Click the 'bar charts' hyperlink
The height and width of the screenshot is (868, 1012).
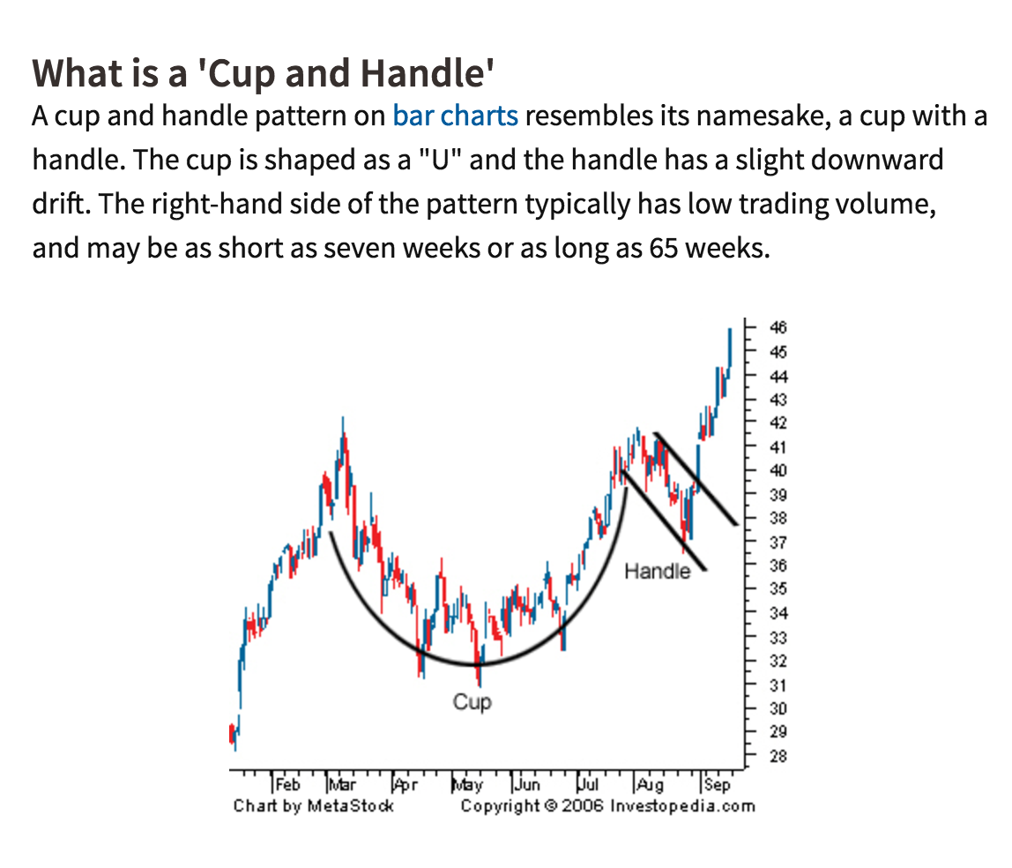click(x=455, y=116)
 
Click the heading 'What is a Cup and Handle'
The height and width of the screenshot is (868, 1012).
click(x=264, y=73)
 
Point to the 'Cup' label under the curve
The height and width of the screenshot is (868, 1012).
click(x=472, y=702)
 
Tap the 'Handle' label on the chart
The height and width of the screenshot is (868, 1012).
click(x=657, y=571)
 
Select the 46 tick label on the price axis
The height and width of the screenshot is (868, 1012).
click(x=778, y=327)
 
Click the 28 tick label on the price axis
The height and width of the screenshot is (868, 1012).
click(x=778, y=756)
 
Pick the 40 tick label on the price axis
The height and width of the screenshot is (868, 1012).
click(x=778, y=470)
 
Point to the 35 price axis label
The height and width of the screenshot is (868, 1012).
click(x=778, y=588)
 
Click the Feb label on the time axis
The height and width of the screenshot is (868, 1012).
click(x=288, y=784)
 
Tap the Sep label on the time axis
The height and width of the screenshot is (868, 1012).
click(x=717, y=785)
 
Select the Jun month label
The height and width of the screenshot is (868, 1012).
click(x=527, y=784)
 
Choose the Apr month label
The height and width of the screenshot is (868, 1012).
click(x=406, y=785)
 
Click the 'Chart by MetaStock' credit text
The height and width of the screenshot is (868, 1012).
click(x=314, y=806)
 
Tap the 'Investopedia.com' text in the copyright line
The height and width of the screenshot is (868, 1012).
click(x=682, y=806)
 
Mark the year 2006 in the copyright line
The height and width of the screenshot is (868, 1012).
click(x=582, y=806)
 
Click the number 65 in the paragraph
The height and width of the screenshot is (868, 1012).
click(x=664, y=248)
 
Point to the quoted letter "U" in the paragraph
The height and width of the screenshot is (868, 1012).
click(x=441, y=161)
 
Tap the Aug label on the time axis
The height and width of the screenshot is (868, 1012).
click(x=650, y=785)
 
